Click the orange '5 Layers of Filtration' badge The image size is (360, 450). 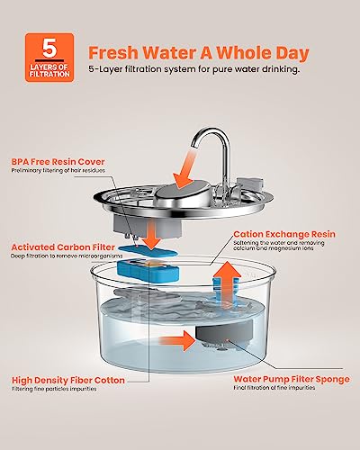click(x=49, y=58)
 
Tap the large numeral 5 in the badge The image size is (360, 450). click(x=49, y=48)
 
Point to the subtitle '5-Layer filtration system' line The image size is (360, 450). click(x=193, y=69)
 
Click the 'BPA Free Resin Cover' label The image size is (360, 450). click(x=58, y=162)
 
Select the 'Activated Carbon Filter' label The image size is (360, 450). click(x=63, y=247)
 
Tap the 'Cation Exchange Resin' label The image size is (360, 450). click(x=284, y=234)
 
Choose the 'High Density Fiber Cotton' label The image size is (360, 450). click(x=68, y=381)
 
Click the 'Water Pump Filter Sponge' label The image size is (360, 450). click(x=292, y=379)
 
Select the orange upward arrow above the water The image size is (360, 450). click(x=228, y=281)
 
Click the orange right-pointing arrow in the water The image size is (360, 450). click(x=177, y=341)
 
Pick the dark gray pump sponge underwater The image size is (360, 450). click(x=224, y=334)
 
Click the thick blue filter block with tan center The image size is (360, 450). click(x=148, y=271)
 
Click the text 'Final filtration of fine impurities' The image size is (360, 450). click(x=274, y=388)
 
